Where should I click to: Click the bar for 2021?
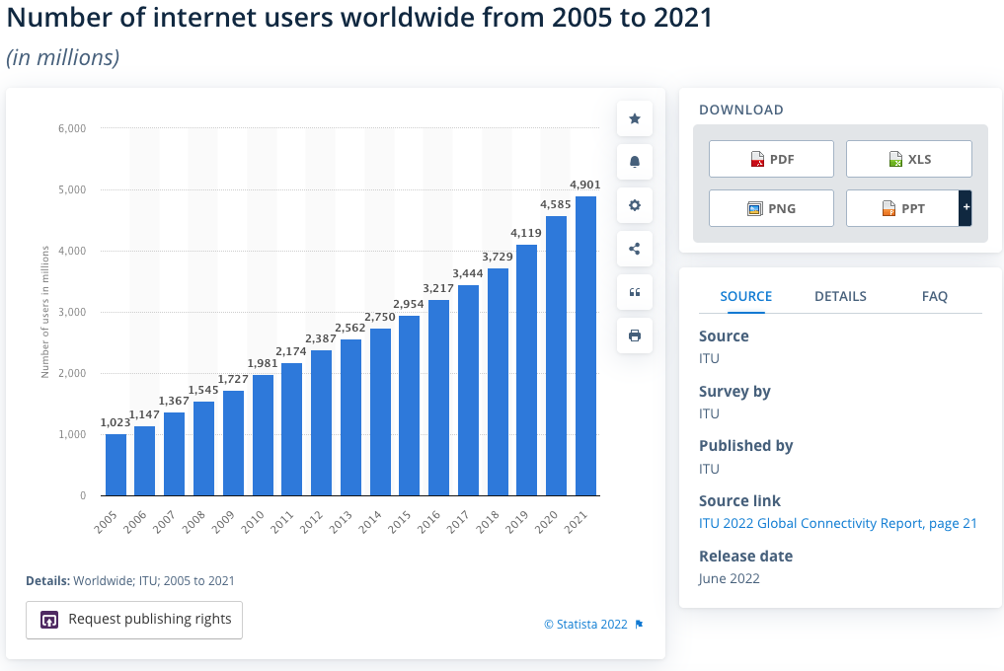point(585,345)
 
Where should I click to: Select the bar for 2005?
point(116,464)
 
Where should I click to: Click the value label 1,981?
point(263,363)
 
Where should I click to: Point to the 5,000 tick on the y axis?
point(72,189)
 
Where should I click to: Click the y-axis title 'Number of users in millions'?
point(45,312)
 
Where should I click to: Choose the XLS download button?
point(909,159)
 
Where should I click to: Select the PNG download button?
point(771,208)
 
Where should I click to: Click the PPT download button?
point(902,208)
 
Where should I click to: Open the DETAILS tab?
point(840,296)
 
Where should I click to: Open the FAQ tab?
point(934,296)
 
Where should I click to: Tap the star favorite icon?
point(635,119)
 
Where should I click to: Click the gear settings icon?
point(635,205)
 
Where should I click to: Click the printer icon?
point(635,335)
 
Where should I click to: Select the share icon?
point(635,249)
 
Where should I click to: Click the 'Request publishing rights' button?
point(134,620)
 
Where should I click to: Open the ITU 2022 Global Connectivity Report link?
point(837,523)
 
